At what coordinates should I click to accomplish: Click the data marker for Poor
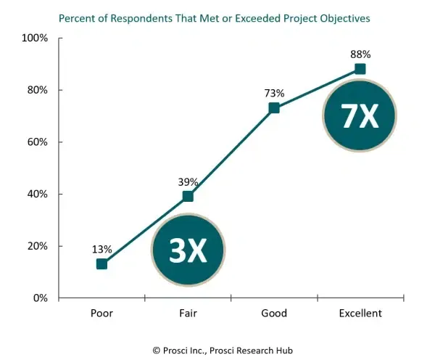[x=101, y=263]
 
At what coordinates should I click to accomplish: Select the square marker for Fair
[x=188, y=196]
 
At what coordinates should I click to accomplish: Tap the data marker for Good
[x=274, y=108]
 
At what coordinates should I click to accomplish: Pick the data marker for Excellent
[x=360, y=69]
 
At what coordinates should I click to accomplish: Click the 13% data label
[x=101, y=249]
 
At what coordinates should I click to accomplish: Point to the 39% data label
[x=188, y=181]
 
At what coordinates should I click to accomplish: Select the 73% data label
[x=274, y=93]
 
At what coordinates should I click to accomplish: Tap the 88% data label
[x=360, y=54]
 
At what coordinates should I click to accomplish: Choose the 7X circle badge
[x=360, y=116]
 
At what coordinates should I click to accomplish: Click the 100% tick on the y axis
[x=34, y=38]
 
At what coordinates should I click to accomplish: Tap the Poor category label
[x=101, y=314]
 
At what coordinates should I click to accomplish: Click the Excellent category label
[x=360, y=314]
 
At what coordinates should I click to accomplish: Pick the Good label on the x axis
[x=274, y=314]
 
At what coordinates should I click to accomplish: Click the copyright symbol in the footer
[x=157, y=350]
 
